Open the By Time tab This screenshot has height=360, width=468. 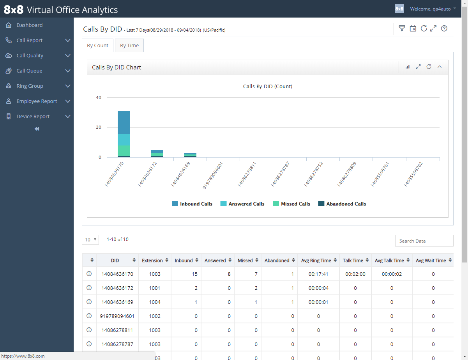[129, 46]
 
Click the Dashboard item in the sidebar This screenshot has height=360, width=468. [30, 25]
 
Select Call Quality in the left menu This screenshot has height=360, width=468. [30, 56]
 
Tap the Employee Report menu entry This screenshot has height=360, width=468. [37, 101]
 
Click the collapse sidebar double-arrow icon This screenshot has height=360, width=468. [37, 129]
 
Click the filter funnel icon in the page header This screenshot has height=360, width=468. [402, 28]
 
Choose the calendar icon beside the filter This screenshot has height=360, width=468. [413, 28]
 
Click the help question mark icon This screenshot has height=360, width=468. [444, 28]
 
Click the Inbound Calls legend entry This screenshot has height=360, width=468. [192, 204]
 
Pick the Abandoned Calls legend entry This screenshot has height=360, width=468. [342, 204]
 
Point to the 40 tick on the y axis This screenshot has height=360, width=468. [99, 98]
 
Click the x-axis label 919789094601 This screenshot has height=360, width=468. [213, 176]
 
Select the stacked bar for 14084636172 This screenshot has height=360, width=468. [157, 154]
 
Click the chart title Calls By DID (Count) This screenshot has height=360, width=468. [267, 87]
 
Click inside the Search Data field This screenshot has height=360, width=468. [424, 241]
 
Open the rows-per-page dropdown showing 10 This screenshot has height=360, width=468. [90, 240]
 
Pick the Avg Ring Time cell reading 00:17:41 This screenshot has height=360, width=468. [318, 274]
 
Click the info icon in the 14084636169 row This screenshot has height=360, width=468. [89, 302]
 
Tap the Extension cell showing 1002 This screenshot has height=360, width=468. [155, 316]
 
